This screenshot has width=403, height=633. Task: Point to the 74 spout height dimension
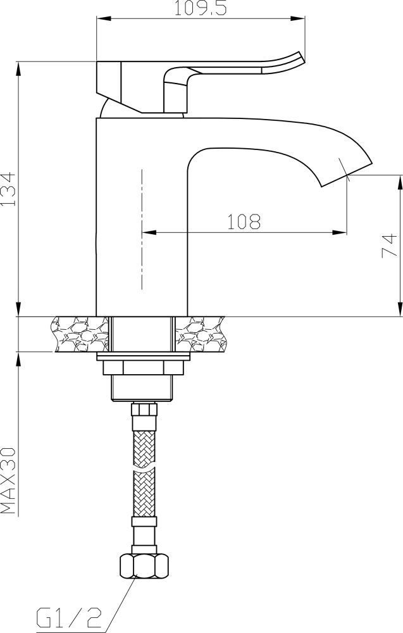pos(391,245)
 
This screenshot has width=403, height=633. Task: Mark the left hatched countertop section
pos(80,334)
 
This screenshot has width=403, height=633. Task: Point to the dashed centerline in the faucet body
pos(142,228)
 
